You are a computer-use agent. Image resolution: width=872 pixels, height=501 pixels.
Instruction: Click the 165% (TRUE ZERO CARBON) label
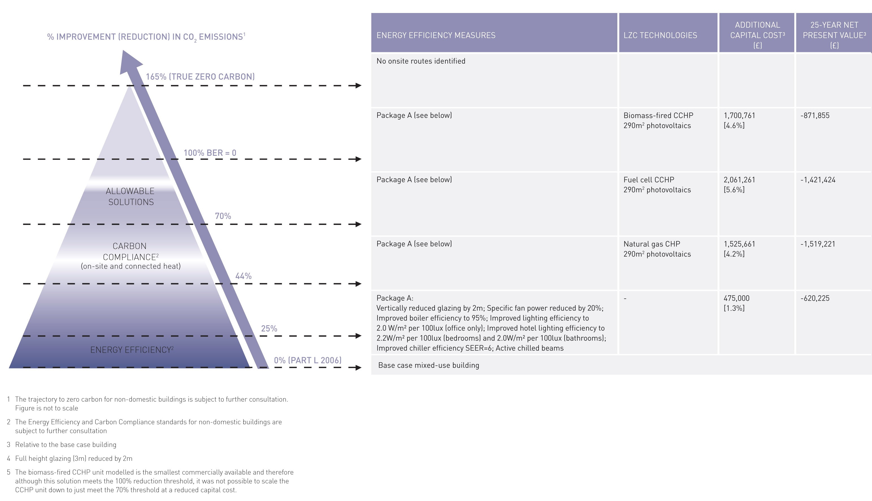(200, 76)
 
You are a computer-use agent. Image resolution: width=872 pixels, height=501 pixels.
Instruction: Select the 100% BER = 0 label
(210, 153)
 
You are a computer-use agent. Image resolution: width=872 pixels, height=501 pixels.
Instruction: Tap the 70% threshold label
(223, 216)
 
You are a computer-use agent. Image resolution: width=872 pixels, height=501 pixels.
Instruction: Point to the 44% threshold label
(243, 276)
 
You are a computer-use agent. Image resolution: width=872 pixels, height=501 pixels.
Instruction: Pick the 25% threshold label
(269, 329)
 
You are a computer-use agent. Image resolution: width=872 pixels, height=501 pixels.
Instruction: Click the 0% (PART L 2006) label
(307, 360)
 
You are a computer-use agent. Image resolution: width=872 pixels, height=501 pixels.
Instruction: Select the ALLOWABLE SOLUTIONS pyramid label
(130, 196)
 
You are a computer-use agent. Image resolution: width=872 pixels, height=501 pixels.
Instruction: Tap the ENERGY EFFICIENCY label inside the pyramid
(131, 350)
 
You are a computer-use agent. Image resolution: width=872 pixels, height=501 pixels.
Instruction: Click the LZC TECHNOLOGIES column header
(660, 35)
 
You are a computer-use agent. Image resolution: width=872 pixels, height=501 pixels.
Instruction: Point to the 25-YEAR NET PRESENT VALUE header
(834, 35)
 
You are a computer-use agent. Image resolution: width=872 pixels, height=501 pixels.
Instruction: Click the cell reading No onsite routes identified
(421, 61)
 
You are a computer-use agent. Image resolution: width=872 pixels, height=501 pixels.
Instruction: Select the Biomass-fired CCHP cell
(658, 116)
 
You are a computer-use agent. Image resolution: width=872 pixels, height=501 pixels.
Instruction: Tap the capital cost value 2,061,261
(739, 180)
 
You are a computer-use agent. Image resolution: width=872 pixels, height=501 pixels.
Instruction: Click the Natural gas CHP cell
(652, 244)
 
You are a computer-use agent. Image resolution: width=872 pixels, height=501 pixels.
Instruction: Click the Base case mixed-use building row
(428, 365)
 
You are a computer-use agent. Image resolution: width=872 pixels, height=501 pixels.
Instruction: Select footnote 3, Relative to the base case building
(65, 444)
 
